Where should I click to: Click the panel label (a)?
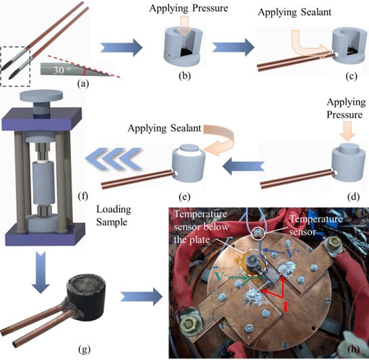click(x=83, y=83)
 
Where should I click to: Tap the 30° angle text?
click(x=61, y=70)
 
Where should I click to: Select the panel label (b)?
click(x=184, y=76)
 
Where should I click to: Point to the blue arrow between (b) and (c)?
click(x=233, y=47)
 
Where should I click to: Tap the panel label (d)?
click(x=353, y=197)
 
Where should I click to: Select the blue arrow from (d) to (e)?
click(x=243, y=166)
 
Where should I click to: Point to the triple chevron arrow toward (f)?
click(x=114, y=159)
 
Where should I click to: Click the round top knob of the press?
click(x=41, y=96)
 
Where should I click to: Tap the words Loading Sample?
click(x=114, y=216)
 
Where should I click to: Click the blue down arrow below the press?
click(x=41, y=272)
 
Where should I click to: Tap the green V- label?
click(x=221, y=277)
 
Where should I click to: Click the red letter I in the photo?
click(x=286, y=306)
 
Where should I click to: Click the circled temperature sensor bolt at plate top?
click(x=258, y=233)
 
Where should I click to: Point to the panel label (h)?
click(x=353, y=349)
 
